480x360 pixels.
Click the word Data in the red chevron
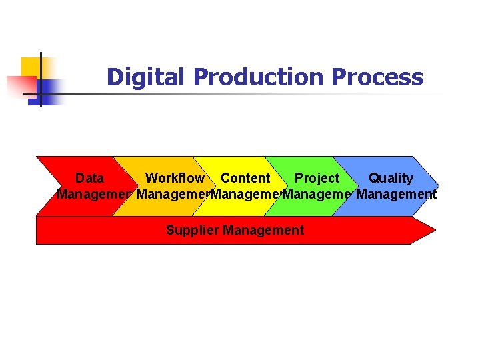pyautogui.click(x=89, y=178)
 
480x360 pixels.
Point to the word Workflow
pyautogui.click(x=175, y=178)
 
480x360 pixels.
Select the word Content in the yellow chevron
pyautogui.click(x=245, y=178)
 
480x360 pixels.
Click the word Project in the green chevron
pyautogui.click(x=317, y=178)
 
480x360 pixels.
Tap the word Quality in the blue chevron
pyautogui.click(x=391, y=178)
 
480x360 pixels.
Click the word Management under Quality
pyautogui.click(x=397, y=195)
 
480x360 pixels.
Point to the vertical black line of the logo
pyautogui.click(x=41, y=80)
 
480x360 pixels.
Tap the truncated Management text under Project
pyautogui.click(x=317, y=195)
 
